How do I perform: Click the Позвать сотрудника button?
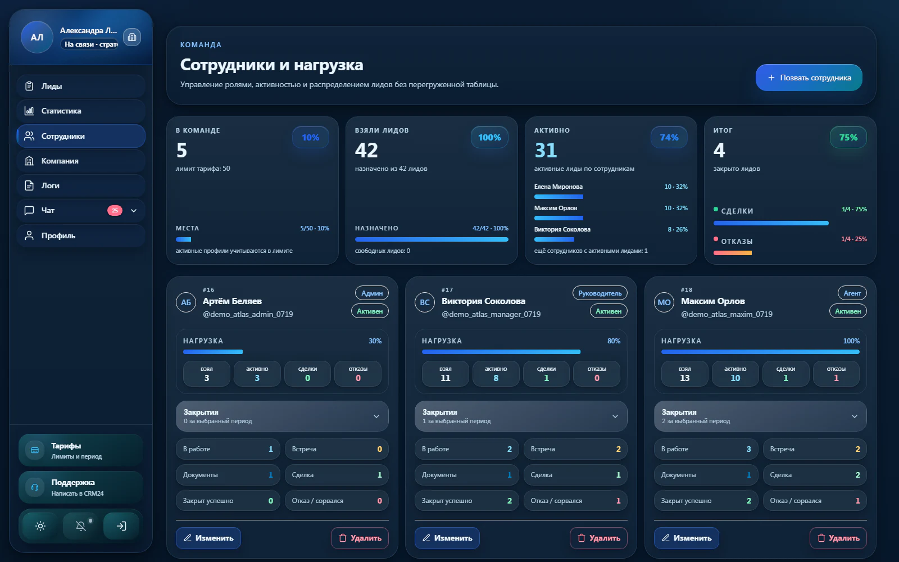pos(809,78)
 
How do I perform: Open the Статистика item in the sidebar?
pos(81,111)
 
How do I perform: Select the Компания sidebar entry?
pos(81,161)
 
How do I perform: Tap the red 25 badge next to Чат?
pos(115,210)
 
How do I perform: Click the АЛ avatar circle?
pos(37,37)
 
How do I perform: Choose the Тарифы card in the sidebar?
pos(81,450)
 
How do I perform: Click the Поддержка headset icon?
pos(35,487)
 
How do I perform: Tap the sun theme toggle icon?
pos(40,526)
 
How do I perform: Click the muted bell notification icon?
pos(81,526)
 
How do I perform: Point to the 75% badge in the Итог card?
pos(848,137)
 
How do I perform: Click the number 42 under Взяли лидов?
pos(366,150)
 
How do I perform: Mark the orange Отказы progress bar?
pos(733,253)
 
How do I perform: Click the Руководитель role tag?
pos(600,293)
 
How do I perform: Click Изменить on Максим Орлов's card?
pos(686,538)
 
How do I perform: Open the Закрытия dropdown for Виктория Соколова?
pos(520,416)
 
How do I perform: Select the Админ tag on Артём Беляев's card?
pos(371,293)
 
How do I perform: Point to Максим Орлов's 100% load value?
pos(851,341)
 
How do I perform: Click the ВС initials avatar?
pos(425,302)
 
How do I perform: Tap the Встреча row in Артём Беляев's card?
pos(337,449)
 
